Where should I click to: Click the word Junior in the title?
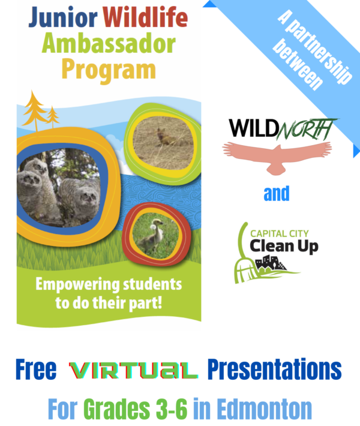[x=63, y=17]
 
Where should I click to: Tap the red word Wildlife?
[x=145, y=17]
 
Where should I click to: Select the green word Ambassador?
[x=109, y=43]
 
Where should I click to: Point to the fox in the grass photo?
[x=166, y=138]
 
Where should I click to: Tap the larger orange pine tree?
[x=34, y=110]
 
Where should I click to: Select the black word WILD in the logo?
[x=253, y=128]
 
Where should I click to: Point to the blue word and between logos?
[x=277, y=193]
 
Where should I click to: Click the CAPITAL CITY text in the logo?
[x=280, y=233]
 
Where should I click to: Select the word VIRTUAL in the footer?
[x=133, y=371]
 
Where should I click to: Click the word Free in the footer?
[x=36, y=369]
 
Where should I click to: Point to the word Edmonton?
[x=265, y=409]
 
